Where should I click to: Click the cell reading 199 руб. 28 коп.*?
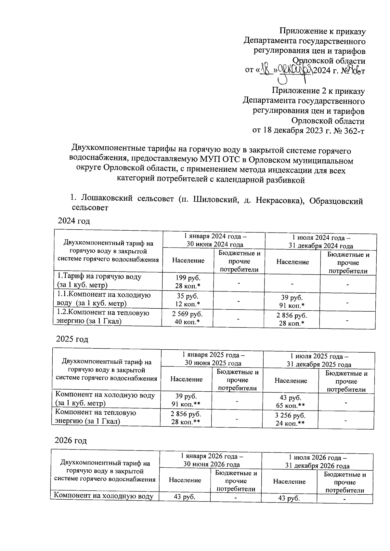pos(188,282)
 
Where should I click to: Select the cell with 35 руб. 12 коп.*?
pos(188,300)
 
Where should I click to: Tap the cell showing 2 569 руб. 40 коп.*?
pos(188,318)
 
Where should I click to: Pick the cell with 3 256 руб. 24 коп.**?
pos(291,419)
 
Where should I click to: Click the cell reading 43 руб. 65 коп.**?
pos(291,401)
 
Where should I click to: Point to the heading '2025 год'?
pos(72,339)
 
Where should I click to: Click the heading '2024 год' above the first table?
pos(74,221)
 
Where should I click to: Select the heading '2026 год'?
pos(71,440)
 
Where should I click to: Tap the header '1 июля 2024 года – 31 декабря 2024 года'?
pos(321,241)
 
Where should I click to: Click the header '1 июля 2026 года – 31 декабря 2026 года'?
pos(317,461)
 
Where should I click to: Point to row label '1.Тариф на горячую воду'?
pos(99,276)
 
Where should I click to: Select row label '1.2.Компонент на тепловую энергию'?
pos(103,316)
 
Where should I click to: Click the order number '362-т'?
pos(352,131)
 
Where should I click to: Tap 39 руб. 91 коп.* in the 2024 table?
pos(292,301)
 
